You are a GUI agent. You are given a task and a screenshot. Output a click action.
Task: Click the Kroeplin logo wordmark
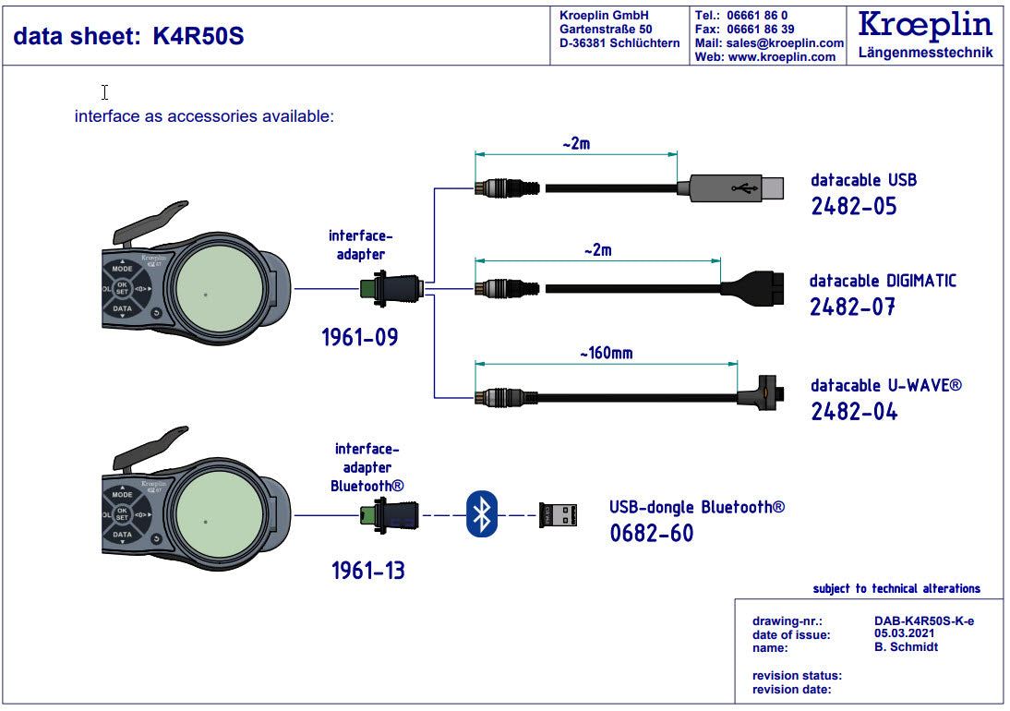click(925, 25)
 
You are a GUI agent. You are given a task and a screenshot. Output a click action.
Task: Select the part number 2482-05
click(853, 205)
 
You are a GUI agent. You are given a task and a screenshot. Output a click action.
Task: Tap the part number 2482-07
click(852, 307)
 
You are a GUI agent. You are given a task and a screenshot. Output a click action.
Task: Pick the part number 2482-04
click(854, 411)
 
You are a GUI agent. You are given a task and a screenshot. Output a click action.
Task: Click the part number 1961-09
click(360, 337)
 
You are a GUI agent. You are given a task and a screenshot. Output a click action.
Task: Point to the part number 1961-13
click(368, 572)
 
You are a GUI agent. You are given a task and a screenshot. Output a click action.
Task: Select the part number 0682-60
click(651, 533)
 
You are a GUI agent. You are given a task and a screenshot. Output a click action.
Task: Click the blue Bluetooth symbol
click(481, 513)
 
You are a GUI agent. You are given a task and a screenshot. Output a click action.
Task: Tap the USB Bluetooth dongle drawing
click(558, 514)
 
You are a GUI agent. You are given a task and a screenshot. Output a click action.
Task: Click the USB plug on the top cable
click(729, 188)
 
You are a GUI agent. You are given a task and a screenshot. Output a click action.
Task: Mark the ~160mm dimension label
click(606, 353)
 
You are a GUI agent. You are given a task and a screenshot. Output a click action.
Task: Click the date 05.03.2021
click(904, 633)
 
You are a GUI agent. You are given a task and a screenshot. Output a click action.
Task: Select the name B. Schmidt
click(906, 647)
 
